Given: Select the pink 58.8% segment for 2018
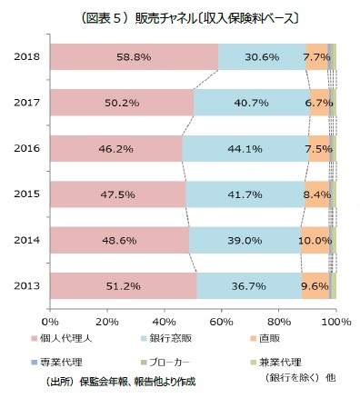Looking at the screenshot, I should point(134,56).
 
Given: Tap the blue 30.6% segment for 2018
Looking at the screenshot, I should point(262,56).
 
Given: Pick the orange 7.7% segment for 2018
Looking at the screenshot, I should point(316,56).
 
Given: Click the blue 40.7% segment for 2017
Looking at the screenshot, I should point(252,103).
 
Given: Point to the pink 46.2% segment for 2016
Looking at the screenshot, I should point(116,148).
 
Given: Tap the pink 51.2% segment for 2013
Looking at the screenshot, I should point(123,285).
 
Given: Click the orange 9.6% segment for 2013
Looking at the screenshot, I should point(315,285).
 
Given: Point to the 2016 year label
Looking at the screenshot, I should point(26,148).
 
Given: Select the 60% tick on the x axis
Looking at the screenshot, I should point(222,321).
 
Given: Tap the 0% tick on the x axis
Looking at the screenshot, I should point(50,321).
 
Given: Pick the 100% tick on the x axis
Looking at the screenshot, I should point(335,321).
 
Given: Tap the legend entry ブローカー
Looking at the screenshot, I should point(183,362).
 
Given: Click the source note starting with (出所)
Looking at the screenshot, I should point(118,381).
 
